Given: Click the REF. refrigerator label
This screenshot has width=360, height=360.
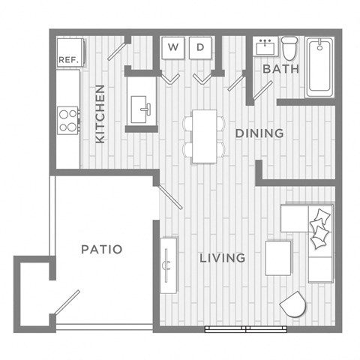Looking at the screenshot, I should [68, 58].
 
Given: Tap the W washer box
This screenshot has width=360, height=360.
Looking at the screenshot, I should [173, 48].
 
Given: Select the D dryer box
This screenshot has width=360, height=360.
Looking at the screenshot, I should [200, 48].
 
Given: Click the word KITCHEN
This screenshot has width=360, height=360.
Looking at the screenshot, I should [100, 113].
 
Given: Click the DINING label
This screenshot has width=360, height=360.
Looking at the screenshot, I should [259, 133].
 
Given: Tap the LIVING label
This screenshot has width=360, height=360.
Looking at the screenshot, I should [222, 258].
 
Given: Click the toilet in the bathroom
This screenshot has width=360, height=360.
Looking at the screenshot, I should [289, 47].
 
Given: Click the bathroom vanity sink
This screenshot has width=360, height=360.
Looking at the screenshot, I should [263, 46].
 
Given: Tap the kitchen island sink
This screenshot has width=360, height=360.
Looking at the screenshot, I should [141, 109].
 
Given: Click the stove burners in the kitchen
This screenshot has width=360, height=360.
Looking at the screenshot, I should [68, 121].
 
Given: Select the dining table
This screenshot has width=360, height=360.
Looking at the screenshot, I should [203, 135].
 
